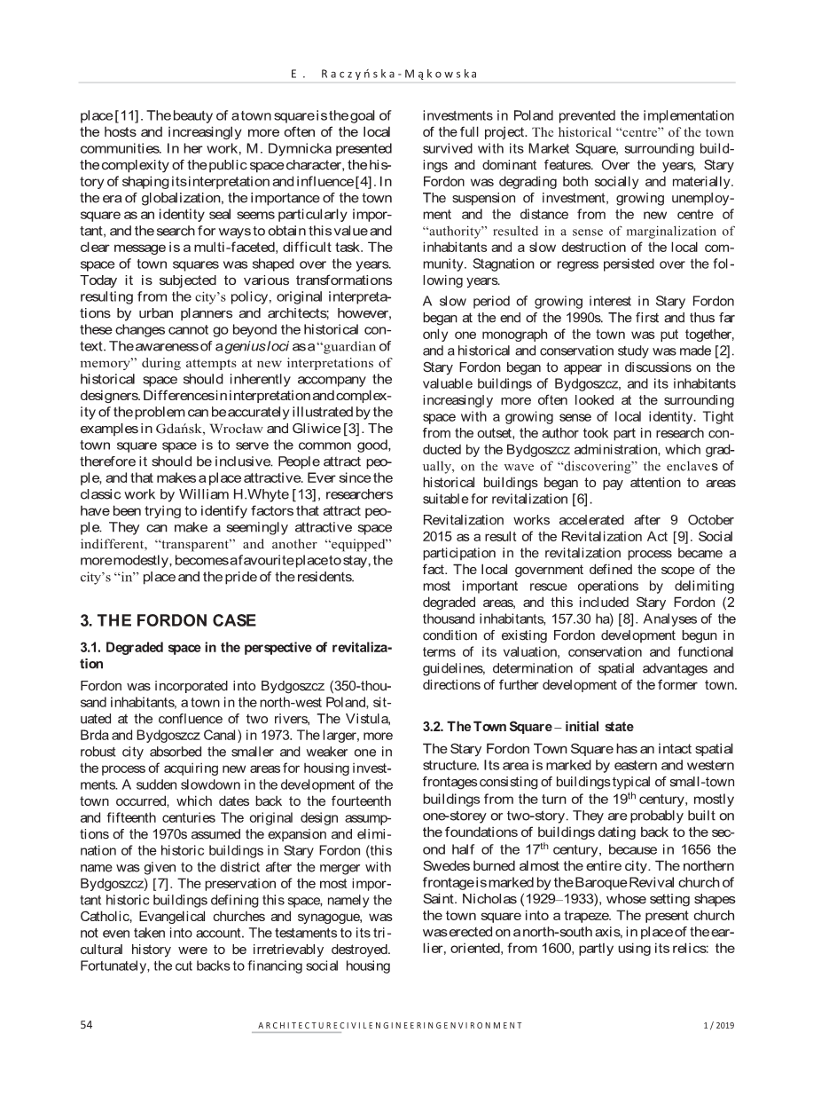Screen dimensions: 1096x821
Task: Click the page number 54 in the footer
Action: (86, 1025)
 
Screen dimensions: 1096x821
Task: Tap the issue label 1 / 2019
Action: (718, 1026)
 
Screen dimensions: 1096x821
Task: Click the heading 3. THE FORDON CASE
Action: (168, 620)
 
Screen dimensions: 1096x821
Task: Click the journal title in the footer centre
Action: (390, 1026)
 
